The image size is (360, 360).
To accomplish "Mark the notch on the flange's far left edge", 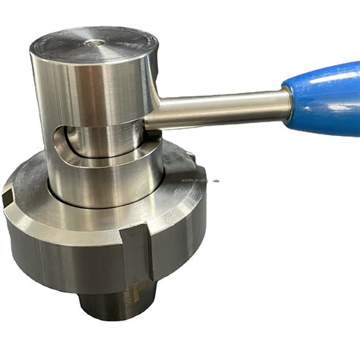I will [7, 199].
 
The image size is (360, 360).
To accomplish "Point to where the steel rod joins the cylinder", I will [152, 114].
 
